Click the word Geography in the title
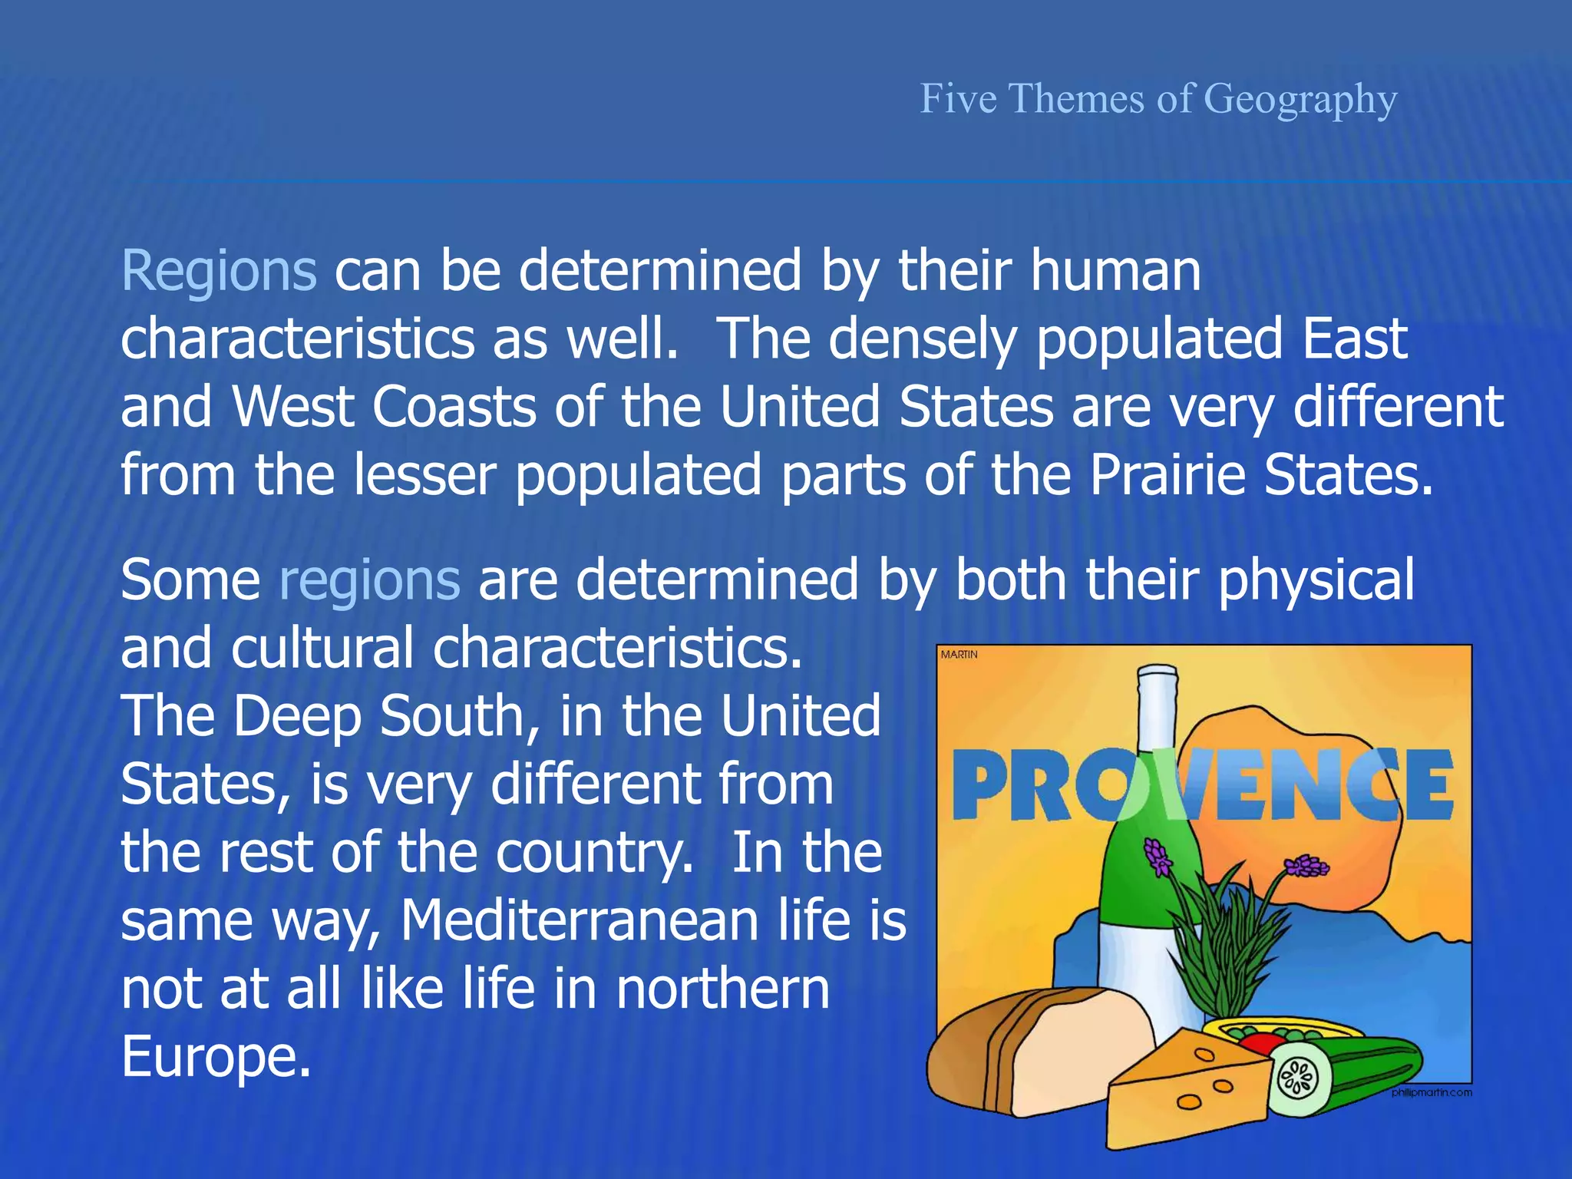(1300, 100)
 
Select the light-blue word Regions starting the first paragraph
(219, 271)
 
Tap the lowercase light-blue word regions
(369, 580)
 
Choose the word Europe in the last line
(216, 1057)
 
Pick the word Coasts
(454, 407)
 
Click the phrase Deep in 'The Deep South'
(297, 716)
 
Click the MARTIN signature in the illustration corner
(959, 655)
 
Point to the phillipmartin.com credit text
(1432, 1092)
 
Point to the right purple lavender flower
(1306, 867)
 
